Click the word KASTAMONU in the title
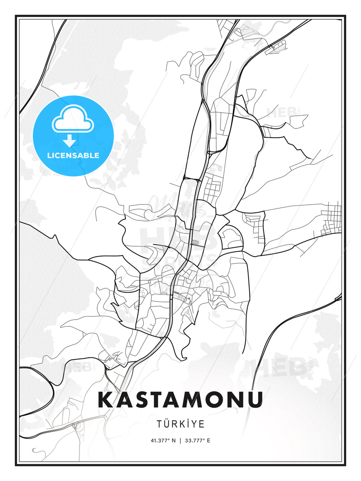click(x=180, y=400)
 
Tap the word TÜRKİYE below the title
click(x=180, y=424)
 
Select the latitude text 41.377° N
click(x=163, y=441)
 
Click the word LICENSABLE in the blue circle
click(x=73, y=155)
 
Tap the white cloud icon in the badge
click(x=73, y=119)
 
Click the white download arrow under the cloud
click(x=70, y=141)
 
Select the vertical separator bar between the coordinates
click(x=180, y=441)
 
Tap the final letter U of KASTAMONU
click(x=255, y=400)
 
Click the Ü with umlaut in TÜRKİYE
click(x=168, y=424)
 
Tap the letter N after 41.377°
click(x=173, y=441)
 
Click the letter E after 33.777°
click(x=209, y=441)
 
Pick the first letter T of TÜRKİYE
click(x=159, y=424)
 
